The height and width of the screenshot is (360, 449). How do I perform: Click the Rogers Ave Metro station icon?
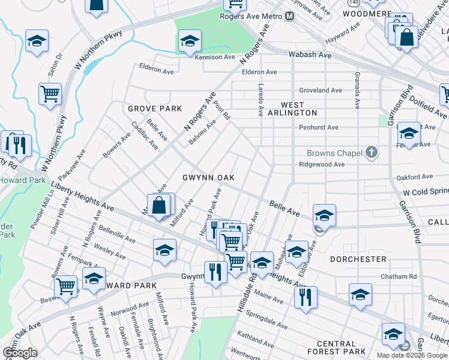(290, 16)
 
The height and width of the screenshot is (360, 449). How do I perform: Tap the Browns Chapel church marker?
(372, 152)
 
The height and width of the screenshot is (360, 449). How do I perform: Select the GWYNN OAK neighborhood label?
(208, 178)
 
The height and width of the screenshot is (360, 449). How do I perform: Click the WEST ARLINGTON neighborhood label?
(292, 108)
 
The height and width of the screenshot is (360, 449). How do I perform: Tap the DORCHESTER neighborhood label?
(358, 259)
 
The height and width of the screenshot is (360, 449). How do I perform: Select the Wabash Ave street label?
(310, 55)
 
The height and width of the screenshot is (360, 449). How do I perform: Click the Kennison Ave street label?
(214, 58)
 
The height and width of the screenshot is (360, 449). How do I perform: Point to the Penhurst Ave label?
(319, 128)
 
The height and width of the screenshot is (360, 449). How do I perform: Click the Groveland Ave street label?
(321, 91)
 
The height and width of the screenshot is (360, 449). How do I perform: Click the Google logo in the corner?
(20, 353)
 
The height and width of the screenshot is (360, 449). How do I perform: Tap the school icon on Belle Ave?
(324, 214)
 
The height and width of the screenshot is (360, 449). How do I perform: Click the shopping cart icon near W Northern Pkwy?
(50, 94)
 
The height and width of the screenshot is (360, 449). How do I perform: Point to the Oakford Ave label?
(415, 177)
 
